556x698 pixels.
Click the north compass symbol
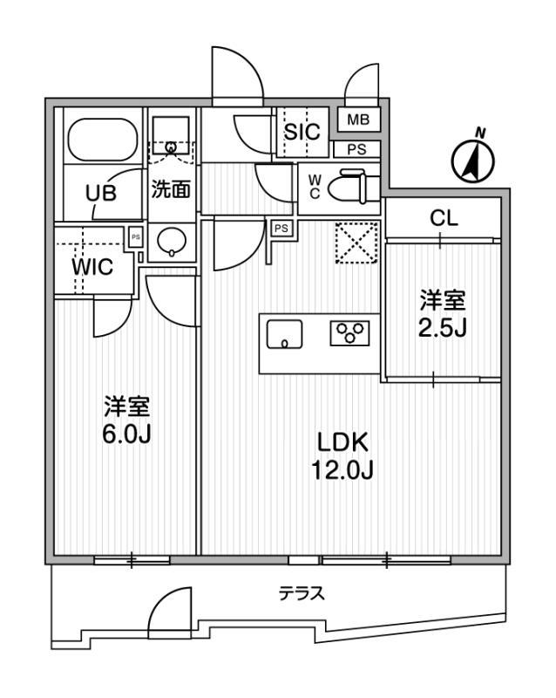(473, 160)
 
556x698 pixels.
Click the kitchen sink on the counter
(284, 334)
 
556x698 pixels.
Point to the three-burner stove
(349, 333)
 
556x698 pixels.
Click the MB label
(358, 120)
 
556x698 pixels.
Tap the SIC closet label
(302, 132)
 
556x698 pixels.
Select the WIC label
(92, 267)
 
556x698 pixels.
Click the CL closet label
(444, 218)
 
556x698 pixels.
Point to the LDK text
(342, 443)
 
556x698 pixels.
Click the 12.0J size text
(342, 470)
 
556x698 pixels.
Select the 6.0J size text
(127, 435)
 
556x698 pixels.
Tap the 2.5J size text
(442, 329)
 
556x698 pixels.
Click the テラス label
(302, 593)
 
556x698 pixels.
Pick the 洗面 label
(171, 189)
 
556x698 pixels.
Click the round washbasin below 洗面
(172, 242)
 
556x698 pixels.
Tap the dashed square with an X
(356, 243)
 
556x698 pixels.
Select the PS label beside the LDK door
(281, 229)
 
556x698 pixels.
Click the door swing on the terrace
(170, 607)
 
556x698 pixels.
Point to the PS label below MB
(356, 149)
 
